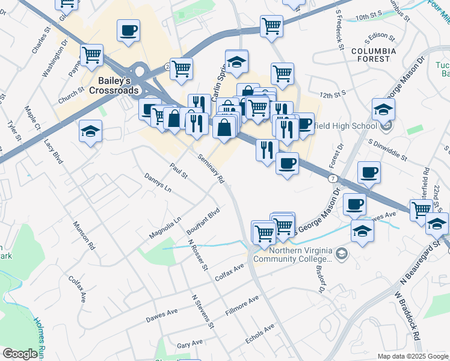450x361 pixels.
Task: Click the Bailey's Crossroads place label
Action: click(114, 85)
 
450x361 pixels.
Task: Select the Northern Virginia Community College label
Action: click(292, 255)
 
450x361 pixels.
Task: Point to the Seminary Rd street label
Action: click(211, 168)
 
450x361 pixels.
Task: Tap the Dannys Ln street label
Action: click(158, 183)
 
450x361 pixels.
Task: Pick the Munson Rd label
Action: click(84, 235)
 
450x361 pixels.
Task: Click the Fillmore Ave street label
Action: click(242, 306)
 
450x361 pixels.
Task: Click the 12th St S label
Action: click(334, 95)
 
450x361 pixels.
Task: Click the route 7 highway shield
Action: click(332, 179)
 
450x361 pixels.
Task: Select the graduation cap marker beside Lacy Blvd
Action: click(90, 132)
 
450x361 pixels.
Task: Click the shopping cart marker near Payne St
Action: click(92, 55)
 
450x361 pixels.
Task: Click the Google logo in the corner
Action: click(19, 354)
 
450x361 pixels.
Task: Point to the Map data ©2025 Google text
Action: click(412, 356)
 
